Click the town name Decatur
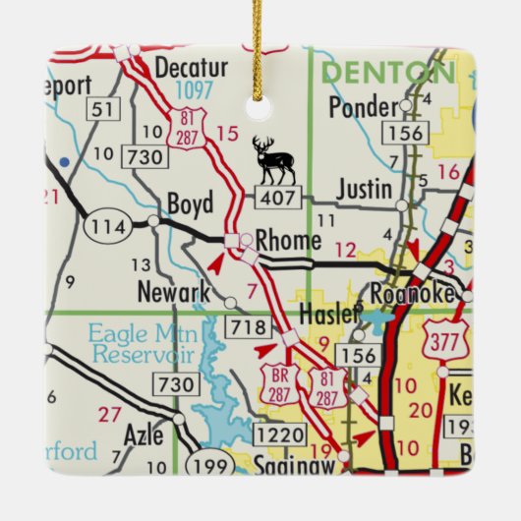[193, 68]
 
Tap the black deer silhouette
[272, 160]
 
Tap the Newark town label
[174, 292]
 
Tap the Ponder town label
[360, 106]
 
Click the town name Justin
[364, 188]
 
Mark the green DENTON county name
[388, 72]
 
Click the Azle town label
[143, 434]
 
